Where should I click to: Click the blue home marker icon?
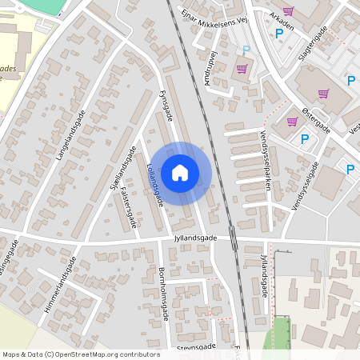click(179, 172)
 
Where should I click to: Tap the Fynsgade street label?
click(166, 106)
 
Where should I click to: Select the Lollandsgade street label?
click(154, 185)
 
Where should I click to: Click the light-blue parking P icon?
click(246, 50)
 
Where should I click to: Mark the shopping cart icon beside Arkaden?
click(288, 10)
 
